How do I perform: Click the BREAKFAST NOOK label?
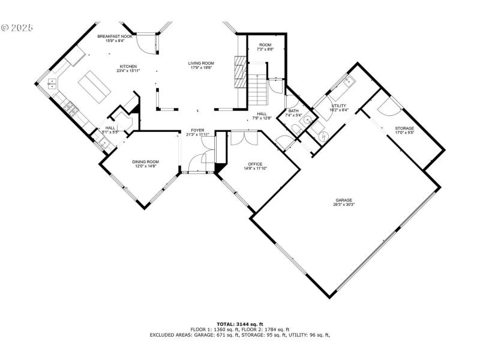(115, 37)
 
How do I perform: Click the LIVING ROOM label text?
(201, 63)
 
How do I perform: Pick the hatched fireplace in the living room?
(239, 71)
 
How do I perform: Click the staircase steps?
(259, 90)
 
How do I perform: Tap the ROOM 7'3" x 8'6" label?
(266, 46)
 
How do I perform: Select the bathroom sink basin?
(308, 120)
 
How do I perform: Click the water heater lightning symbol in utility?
(326, 135)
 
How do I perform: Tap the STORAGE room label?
(404, 128)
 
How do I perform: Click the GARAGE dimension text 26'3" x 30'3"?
(344, 205)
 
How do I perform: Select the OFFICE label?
(256, 164)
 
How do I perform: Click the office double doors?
(244, 138)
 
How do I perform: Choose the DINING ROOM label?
(145, 161)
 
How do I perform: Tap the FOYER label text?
(198, 130)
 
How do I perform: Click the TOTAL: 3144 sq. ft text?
(240, 324)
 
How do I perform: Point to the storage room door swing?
(388, 106)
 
